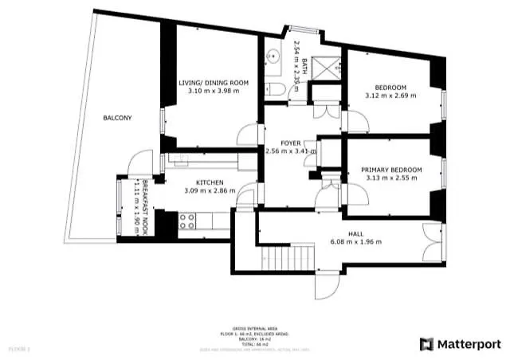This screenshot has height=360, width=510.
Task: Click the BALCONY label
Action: tap(117, 118)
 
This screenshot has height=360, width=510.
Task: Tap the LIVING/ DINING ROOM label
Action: tap(213, 82)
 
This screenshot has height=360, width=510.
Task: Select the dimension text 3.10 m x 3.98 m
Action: tap(213, 91)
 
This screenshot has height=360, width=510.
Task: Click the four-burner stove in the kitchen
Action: tap(187, 221)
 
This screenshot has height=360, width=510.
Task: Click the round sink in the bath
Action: tap(272, 57)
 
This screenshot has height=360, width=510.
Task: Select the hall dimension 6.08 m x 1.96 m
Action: tap(355, 242)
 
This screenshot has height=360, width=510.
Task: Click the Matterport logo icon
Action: tap(426, 344)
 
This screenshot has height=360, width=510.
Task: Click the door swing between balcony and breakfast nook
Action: tap(139, 163)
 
